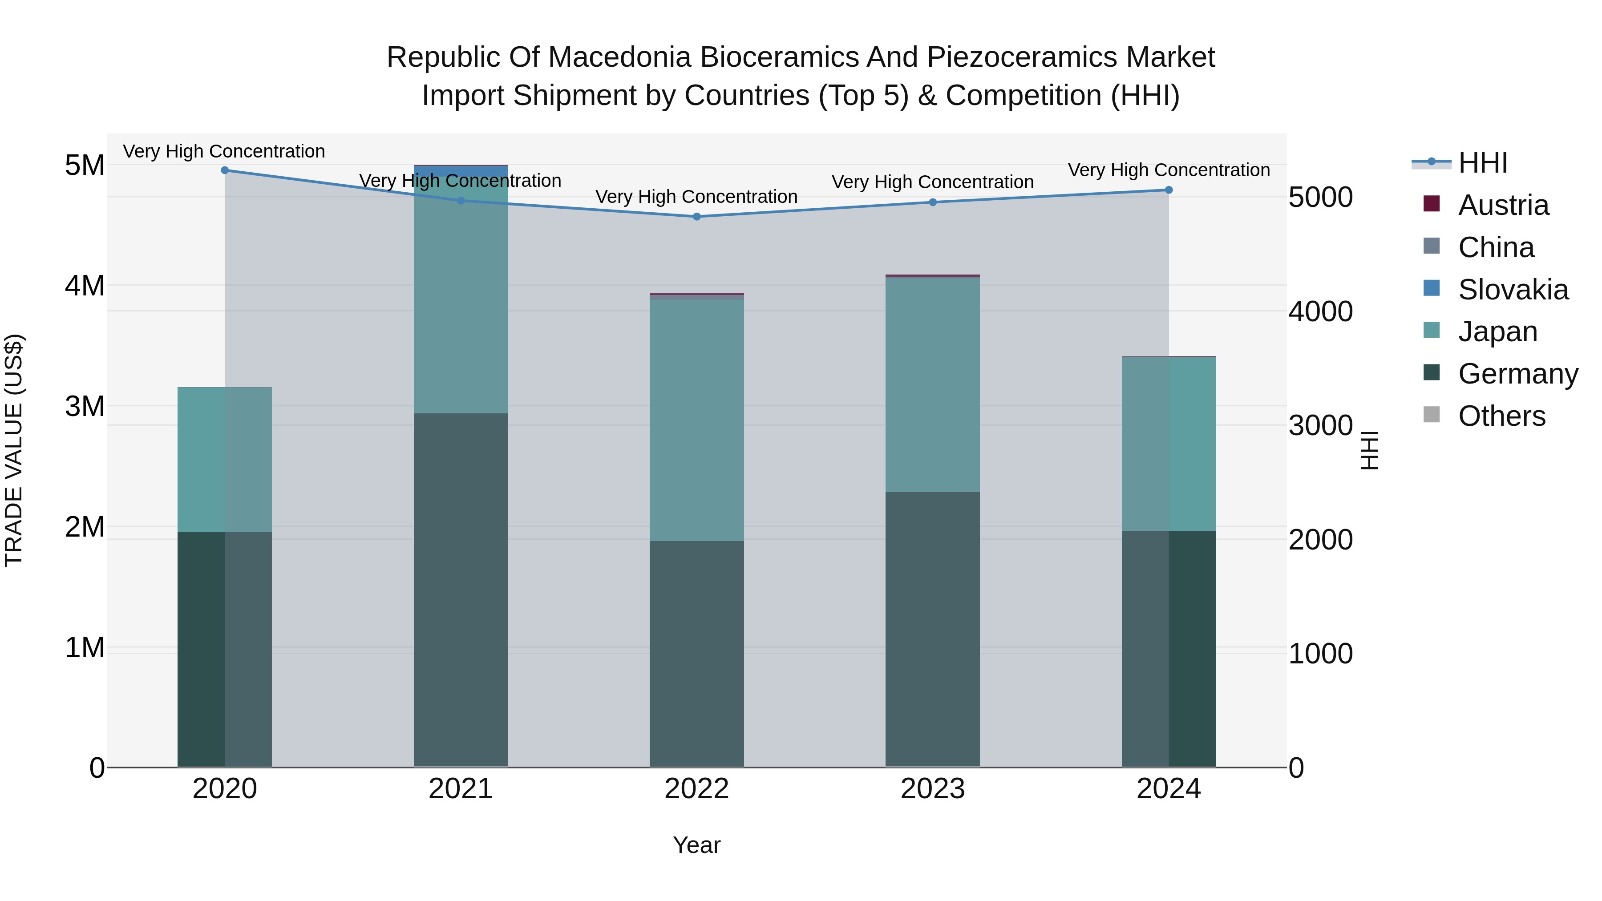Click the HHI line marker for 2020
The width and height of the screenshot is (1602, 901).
225,170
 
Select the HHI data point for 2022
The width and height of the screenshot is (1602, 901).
696,216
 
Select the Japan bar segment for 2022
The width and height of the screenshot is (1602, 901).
696,420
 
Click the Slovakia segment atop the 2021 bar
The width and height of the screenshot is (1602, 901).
461,170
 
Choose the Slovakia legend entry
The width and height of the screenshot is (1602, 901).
1513,290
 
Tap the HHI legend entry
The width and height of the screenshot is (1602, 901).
1483,163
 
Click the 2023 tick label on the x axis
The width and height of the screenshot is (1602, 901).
932,789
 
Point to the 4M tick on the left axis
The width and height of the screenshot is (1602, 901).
85,286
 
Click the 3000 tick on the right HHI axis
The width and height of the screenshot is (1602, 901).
1320,426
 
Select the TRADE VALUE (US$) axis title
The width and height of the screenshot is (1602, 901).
14,450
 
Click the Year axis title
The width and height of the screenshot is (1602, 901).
696,845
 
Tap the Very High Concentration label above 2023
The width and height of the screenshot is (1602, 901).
932,182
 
